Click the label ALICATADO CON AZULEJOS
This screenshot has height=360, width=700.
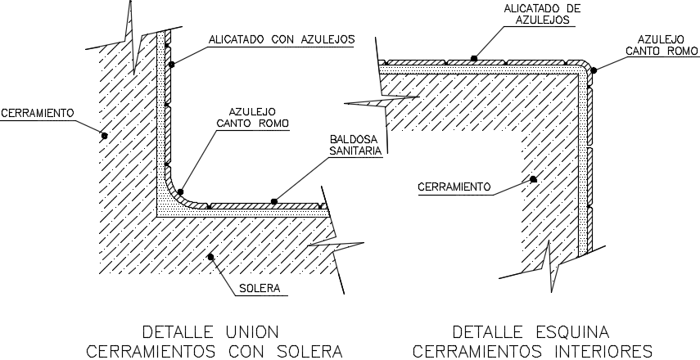(282, 39)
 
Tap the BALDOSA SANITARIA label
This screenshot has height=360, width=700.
(356, 145)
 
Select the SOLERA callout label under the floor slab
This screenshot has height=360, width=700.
(260, 288)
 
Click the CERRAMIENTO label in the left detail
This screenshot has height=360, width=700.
(37, 113)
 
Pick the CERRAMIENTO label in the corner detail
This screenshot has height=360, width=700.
(454, 187)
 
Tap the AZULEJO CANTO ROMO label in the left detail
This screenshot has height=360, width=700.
(253, 117)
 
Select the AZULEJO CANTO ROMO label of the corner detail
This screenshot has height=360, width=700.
(662, 45)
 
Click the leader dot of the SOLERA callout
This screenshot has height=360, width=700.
(210, 257)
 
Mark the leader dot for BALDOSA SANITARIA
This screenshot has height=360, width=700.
(274, 201)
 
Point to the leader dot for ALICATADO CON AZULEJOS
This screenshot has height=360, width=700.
(171, 65)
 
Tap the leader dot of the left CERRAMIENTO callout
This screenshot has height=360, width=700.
(104, 136)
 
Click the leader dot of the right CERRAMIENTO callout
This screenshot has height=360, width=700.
(533, 179)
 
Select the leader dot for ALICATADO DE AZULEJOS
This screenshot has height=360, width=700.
(474, 58)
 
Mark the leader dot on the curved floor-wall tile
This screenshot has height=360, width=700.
(180, 191)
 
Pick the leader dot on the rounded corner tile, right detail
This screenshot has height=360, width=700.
(594, 70)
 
